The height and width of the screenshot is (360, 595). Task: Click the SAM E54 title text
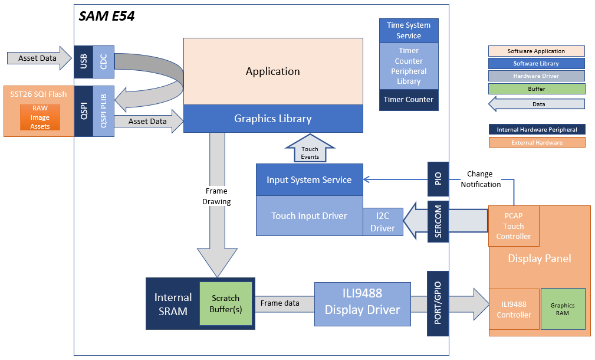pyautogui.click(x=107, y=17)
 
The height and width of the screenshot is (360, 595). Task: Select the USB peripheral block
pyautogui.click(x=83, y=61)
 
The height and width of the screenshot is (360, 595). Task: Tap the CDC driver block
pyautogui.click(x=104, y=61)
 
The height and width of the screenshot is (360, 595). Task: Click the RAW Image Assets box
pyautogui.click(x=40, y=117)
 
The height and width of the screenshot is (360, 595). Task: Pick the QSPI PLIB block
pyautogui.click(x=104, y=112)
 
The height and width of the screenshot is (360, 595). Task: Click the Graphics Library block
pyautogui.click(x=272, y=119)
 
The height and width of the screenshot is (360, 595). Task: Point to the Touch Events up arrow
pyautogui.click(x=310, y=150)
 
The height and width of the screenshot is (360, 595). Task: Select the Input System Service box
pyautogui.click(x=309, y=180)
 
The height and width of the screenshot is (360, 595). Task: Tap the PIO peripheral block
pyautogui.click(x=438, y=179)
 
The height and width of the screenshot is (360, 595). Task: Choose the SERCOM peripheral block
pyautogui.click(x=438, y=222)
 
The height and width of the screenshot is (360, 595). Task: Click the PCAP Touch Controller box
pyautogui.click(x=514, y=226)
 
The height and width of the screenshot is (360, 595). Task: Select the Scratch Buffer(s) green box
pyautogui.click(x=226, y=303)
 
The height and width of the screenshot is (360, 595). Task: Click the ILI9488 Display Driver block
pyautogui.click(x=362, y=303)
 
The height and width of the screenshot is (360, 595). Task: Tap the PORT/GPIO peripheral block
pyautogui.click(x=438, y=303)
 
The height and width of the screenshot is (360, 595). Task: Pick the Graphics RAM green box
pyautogui.click(x=563, y=309)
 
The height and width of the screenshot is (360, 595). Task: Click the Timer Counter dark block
pyautogui.click(x=409, y=100)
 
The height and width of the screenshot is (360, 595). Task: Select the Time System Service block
pyautogui.click(x=409, y=30)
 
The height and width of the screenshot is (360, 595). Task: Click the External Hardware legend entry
pyautogui.click(x=537, y=142)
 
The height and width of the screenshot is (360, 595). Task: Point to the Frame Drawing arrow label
pyautogui.click(x=217, y=197)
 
